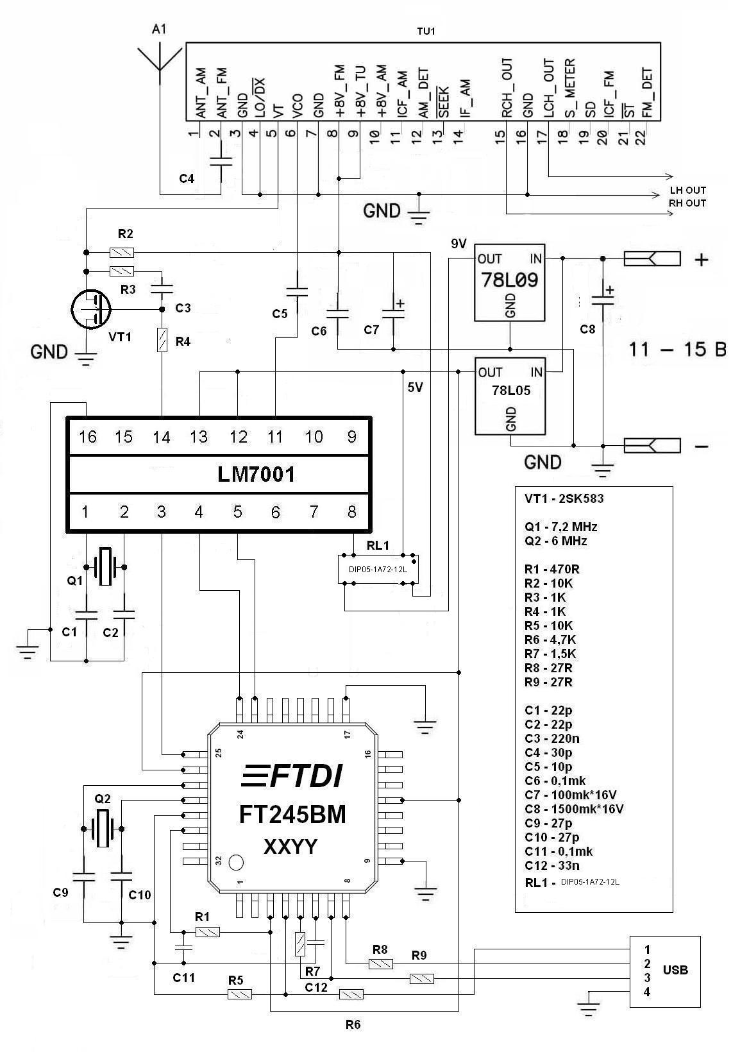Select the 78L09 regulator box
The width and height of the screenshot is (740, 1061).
pos(509,282)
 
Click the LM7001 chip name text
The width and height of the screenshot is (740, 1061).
pos(256,475)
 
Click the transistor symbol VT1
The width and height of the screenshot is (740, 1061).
pos(90,310)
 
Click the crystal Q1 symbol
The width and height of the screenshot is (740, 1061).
pos(104,567)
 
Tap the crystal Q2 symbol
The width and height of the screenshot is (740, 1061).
pos(103,828)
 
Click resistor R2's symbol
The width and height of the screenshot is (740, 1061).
pos(122,252)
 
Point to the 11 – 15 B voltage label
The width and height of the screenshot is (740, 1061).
pos(677,350)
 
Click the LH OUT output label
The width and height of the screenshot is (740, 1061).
pos(687,191)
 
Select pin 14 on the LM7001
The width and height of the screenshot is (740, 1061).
pos(162,437)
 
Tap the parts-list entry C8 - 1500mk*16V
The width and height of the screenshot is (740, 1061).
pos(574,809)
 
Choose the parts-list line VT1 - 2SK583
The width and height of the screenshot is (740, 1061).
pos(564,498)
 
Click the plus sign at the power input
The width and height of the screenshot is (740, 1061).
pos(702,260)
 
